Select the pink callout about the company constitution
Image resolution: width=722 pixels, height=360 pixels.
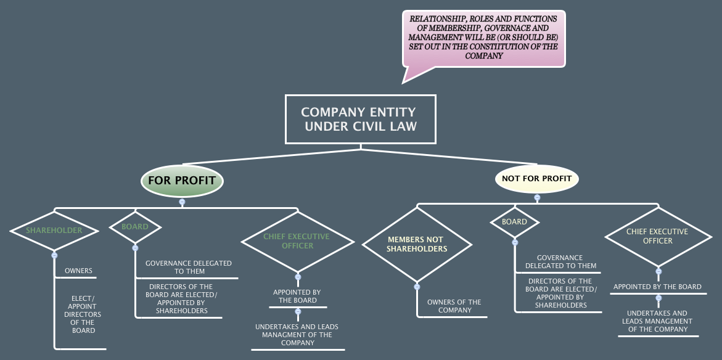tap(483, 38)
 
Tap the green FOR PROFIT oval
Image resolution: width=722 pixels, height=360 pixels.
tap(181, 181)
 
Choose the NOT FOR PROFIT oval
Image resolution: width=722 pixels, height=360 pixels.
tap(536, 179)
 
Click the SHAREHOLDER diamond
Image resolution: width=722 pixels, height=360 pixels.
tap(54, 231)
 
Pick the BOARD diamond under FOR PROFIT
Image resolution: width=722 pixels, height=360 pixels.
tap(135, 227)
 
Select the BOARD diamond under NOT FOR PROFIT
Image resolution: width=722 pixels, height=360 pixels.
tap(514, 222)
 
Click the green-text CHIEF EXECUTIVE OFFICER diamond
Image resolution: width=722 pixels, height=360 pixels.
tap(297, 241)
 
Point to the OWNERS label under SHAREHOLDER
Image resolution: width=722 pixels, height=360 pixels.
tap(78, 271)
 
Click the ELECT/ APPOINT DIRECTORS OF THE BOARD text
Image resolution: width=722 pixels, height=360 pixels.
tap(83, 314)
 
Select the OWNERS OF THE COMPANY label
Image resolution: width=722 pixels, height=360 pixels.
tap(454, 306)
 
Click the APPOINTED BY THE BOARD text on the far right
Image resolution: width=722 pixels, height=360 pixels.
tap(657, 287)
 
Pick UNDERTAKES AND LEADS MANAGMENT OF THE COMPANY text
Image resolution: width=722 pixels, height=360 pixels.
tap(297, 335)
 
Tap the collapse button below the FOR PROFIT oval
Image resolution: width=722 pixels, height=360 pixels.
tap(182, 202)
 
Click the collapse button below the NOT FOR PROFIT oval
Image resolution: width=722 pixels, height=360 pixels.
tap(537, 198)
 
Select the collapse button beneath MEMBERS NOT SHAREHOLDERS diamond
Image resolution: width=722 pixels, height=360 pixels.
tap(417, 286)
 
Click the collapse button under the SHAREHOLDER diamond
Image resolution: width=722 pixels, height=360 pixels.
tap(54, 255)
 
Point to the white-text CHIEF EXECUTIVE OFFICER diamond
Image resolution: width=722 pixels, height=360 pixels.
tap(657, 236)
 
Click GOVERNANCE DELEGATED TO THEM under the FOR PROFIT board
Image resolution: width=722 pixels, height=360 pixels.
tap(188, 267)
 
